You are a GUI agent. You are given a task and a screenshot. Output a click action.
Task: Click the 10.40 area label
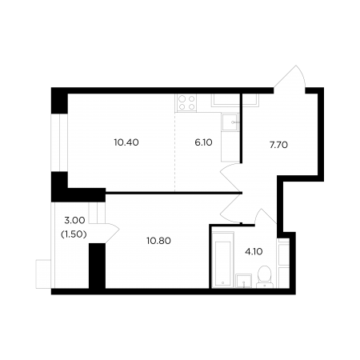point(126,142)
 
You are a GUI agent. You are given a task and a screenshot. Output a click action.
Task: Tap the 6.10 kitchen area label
point(203,142)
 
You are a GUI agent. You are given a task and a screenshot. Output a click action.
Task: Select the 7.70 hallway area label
point(278,145)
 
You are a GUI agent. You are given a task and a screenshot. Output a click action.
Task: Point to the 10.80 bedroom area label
point(158,241)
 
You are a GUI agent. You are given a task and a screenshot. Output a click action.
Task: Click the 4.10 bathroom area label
point(254,251)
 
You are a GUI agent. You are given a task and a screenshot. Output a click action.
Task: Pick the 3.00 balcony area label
point(74,220)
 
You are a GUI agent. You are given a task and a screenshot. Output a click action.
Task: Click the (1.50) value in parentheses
point(74,234)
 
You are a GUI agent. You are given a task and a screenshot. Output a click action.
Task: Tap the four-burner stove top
point(186,103)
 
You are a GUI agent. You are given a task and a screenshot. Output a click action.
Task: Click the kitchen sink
point(230,122)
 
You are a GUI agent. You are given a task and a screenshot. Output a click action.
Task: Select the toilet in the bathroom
point(265,277)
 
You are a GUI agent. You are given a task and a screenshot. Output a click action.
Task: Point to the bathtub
point(223,260)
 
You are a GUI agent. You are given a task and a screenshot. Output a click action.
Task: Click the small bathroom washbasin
point(244,281)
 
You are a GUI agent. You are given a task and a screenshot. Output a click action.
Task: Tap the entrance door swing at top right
point(290,78)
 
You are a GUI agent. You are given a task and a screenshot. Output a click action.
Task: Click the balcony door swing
point(112,233)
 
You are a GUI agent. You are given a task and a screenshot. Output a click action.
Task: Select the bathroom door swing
point(266,217)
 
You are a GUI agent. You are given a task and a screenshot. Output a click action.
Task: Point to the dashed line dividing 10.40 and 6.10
point(175,152)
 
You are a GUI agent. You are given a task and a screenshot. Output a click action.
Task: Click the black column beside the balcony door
point(97,266)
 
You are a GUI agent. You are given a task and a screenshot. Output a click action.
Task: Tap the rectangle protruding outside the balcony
point(43,274)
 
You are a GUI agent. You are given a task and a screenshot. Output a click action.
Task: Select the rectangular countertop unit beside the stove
point(235,100)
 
